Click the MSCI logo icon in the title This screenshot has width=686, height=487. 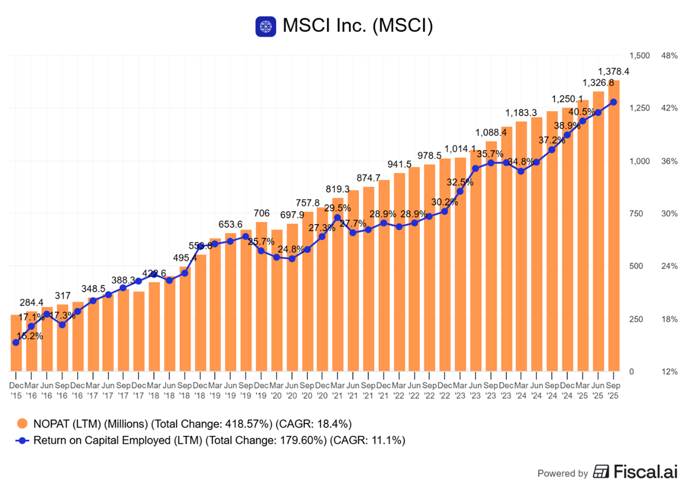(x=265, y=27)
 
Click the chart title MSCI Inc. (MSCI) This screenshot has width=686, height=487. (x=357, y=27)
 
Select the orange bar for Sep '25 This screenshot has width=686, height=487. (x=613, y=227)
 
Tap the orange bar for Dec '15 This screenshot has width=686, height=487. (x=16, y=343)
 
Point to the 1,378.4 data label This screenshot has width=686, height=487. (x=614, y=72)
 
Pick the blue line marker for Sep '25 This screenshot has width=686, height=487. (x=613, y=102)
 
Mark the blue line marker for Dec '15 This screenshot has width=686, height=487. (x=16, y=342)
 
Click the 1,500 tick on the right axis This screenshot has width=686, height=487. (x=640, y=56)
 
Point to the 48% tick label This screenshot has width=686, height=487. (x=669, y=56)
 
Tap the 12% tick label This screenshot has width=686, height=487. (x=669, y=372)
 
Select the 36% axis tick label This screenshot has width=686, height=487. (x=669, y=161)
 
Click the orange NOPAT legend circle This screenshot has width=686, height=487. (x=22, y=423)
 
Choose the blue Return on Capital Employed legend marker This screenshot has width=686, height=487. (x=22, y=440)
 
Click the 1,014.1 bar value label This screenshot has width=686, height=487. (x=461, y=149)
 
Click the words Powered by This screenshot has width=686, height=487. (x=562, y=473)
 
